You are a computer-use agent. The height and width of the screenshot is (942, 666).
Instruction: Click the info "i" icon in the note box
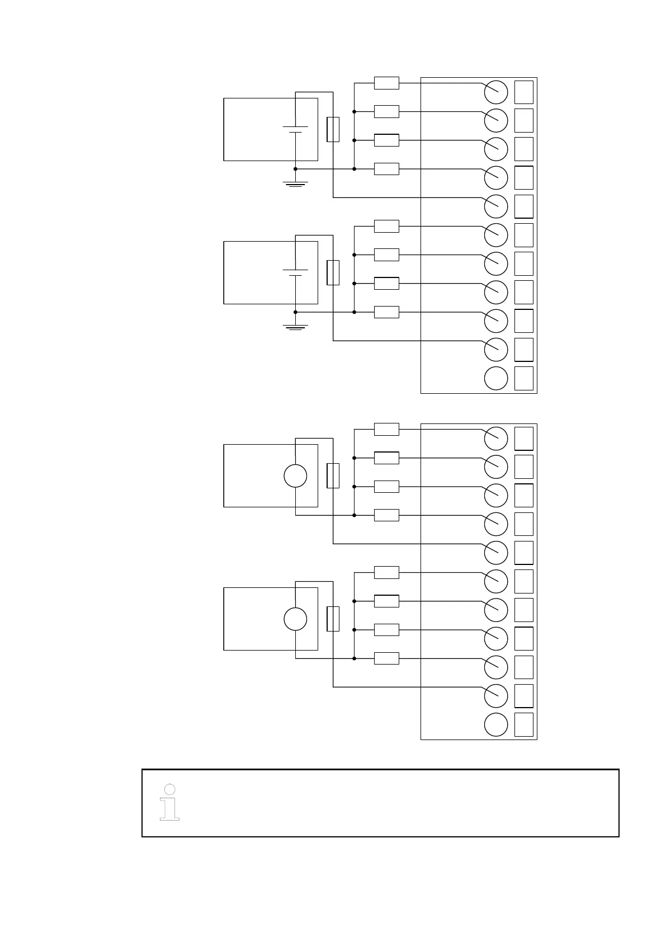[x=169, y=802]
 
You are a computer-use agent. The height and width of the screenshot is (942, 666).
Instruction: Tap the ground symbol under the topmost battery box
[x=295, y=182]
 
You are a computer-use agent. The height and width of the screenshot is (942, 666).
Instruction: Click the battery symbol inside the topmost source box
[x=295, y=129]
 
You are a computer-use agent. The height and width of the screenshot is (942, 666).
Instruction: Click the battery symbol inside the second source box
[x=295, y=272]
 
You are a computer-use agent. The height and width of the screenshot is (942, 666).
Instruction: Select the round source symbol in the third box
[x=295, y=476]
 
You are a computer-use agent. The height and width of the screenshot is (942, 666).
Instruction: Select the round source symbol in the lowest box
[x=295, y=619]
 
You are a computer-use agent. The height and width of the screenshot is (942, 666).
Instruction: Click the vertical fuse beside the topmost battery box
[x=333, y=129]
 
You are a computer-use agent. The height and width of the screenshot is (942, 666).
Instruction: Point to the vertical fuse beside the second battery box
[x=333, y=272]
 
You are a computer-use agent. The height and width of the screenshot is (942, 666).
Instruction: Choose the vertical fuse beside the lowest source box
[x=333, y=619]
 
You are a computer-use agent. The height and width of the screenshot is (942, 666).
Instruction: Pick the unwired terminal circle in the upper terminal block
[x=495, y=378]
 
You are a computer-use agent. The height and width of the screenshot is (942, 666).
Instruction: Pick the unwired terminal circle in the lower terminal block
[x=495, y=724]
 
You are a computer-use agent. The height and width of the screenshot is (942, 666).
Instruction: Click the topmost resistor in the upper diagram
[x=386, y=83]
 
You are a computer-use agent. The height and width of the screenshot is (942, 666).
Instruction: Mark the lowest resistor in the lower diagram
[x=386, y=658]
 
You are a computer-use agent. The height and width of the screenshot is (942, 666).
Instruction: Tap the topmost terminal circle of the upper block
[x=495, y=92]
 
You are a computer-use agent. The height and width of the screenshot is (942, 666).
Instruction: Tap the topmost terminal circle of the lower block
[x=495, y=439]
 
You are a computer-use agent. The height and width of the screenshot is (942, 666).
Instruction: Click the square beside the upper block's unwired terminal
[x=524, y=378]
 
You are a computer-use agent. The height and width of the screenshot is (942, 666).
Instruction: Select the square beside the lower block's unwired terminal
[x=524, y=724]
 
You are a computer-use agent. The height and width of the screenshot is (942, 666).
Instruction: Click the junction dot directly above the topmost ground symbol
[x=295, y=168]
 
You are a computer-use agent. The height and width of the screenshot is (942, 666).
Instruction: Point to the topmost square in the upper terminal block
[x=524, y=92]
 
